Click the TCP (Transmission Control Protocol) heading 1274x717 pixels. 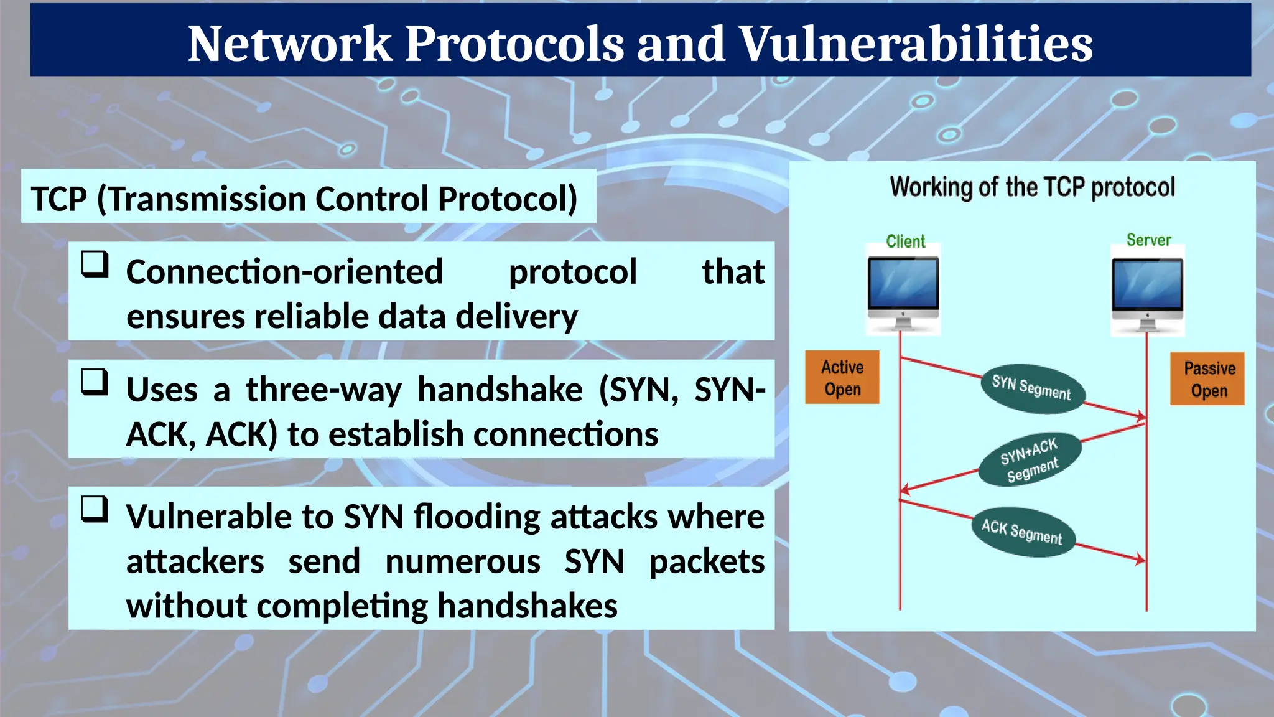pyautogui.click(x=304, y=199)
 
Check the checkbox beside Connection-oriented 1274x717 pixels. pyautogui.click(x=95, y=265)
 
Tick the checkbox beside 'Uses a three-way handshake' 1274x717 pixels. pyautogui.click(x=95, y=382)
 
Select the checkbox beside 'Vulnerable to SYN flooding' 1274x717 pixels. pyautogui.click(x=95, y=509)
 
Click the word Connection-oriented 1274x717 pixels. pyautogui.click(x=284, y=272)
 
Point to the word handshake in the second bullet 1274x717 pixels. pyautogui.click(x=500, y=390)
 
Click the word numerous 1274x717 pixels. pyautogui.click(x=463, y=562)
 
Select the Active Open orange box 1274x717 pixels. pyautogui.click(x=842, y=378)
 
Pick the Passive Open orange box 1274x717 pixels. pyautogui.click(x=1207, y=379)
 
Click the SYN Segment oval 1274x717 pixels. pyautogui.click(x=1032, y=388)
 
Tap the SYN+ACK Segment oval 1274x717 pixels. pyautogui.click(x=1030, y=460)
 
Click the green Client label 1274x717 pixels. pyautogui.click(x=905, y=241)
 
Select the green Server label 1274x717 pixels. pyautogui.click(x=1148, y=240)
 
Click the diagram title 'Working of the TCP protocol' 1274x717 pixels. pyautogui.click(x=1032, y=187)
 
